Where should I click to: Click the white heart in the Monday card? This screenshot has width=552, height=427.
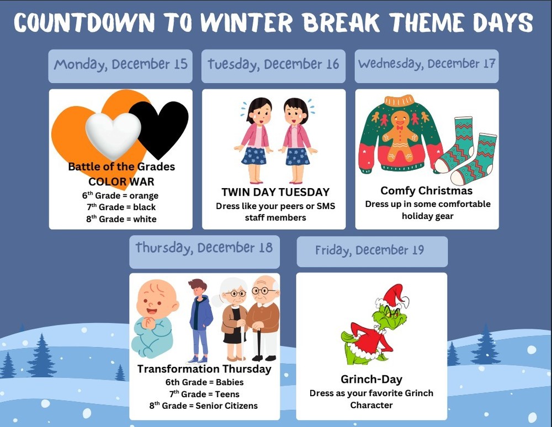pos(113,135)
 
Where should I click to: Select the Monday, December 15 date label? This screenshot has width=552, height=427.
pos(120,65)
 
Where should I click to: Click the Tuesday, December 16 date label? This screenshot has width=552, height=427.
pos(273,65)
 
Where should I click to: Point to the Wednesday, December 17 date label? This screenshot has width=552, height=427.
pos(426,64)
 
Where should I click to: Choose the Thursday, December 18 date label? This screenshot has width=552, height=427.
pos(204,248)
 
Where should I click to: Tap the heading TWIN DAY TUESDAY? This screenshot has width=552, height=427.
pos(275,192)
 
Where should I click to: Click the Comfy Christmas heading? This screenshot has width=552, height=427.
pos(426,191)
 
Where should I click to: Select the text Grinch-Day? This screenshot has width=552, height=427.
pos(371,379)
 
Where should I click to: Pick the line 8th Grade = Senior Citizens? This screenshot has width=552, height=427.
pos(204,405)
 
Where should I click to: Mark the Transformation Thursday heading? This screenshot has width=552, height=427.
pos(204,369)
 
